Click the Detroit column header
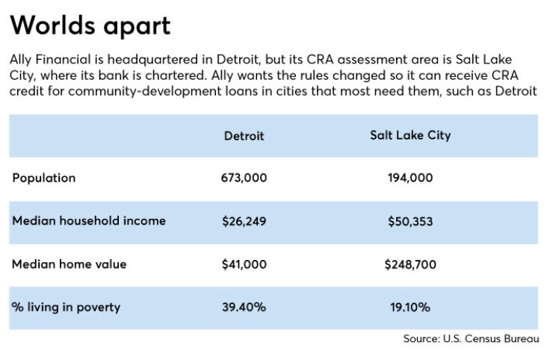coord(244,136)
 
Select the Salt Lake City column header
coord(410,135)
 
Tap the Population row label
coord(44,178)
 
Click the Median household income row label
coord(89,221)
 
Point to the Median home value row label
coord(69,264)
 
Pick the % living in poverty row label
coord(66,307)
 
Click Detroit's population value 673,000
coord(244,178)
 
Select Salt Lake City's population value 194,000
coord(410,178)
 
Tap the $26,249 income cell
coord(244,221)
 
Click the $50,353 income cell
coord(410,221)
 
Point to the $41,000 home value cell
coord(244,264)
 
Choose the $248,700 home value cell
coord(410,264)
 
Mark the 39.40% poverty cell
coord(244,307)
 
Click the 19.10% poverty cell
coord(410,307)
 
